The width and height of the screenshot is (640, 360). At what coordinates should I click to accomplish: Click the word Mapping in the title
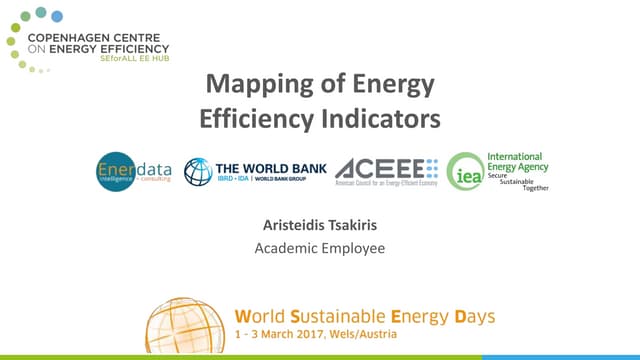click(247, 84)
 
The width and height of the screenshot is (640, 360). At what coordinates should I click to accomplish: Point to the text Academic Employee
click(319, 247)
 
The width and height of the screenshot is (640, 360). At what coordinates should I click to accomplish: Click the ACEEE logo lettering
click(381, 167)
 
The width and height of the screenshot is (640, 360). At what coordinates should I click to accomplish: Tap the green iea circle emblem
click(465, 171)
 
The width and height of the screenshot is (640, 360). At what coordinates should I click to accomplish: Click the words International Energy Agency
click(514, 163)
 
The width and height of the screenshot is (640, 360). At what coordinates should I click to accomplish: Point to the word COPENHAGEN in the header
click(93, 37)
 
